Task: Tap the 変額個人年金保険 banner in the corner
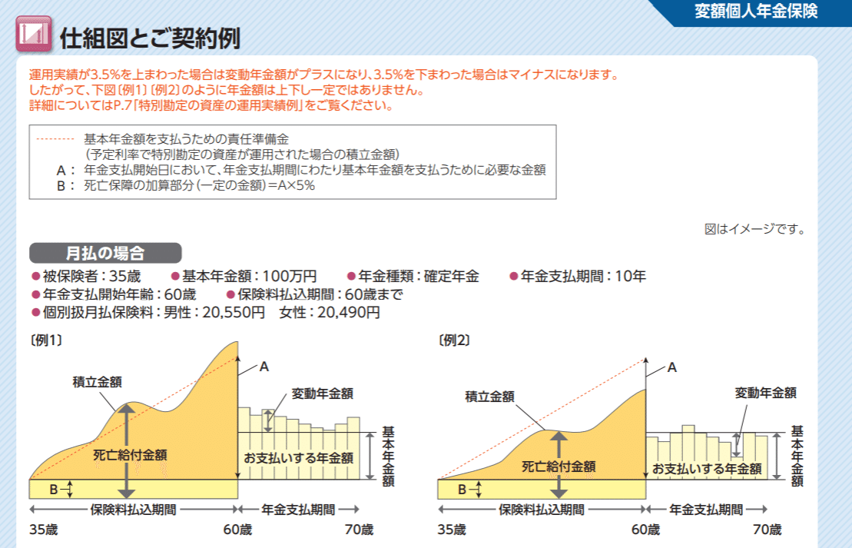[756, 12]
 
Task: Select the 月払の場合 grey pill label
[105, 253]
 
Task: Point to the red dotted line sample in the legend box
[55, 139]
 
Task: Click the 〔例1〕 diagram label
[46, 339]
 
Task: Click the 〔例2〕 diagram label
[454, 339]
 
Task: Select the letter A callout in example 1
[264, 367]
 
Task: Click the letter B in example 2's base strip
[462, 489]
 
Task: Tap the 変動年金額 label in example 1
[323, 394]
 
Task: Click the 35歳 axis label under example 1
[43, 530]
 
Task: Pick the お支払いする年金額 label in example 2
[707, 468]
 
